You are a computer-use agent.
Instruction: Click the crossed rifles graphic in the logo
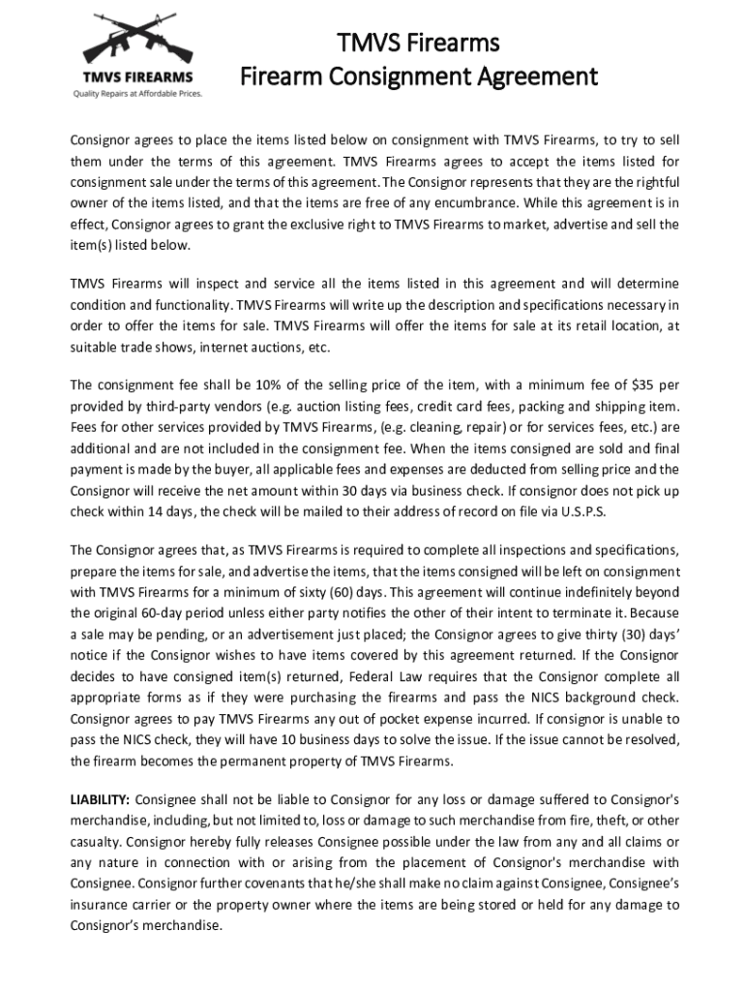point(134,40)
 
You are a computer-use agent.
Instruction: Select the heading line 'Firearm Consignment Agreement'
point(418,75)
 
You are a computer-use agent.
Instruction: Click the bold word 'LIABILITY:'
point(100,799)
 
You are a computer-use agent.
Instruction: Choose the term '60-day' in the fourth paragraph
point(159,612)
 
